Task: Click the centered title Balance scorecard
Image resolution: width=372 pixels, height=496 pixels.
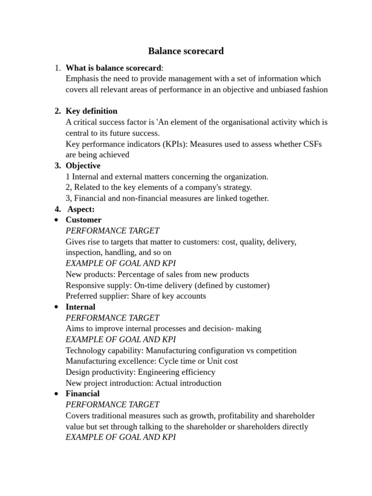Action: click(x=186, y=51)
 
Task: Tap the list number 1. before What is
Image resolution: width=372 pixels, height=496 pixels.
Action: click(x=58, y=68)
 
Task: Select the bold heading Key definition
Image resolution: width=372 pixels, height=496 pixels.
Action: click(x=92, y=111)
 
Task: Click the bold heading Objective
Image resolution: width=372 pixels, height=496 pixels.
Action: click(x=83, y=166)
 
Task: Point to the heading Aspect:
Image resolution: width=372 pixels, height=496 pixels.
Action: click(x=81, y=209)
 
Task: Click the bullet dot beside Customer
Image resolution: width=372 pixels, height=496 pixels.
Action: click(x=57, y=220)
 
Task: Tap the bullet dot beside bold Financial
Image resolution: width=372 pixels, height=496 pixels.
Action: click(x=57, y=394)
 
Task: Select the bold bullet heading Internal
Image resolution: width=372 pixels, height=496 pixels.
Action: click(x=80, y=307)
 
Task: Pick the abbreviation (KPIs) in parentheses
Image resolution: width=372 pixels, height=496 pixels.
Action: click(x=169, y=144)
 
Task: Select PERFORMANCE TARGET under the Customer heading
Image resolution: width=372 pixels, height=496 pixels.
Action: click(x=112, y=231)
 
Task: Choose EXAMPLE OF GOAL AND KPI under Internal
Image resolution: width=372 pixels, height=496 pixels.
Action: click(x=121, y=340)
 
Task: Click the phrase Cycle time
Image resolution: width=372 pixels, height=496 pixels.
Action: click(x=177, y=361)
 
